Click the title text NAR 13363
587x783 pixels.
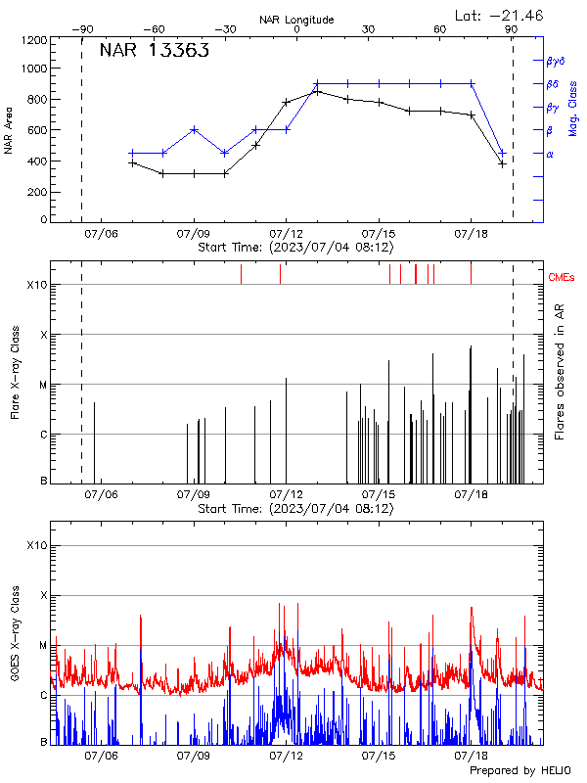(155, 52)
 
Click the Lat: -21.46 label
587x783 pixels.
(500, 15)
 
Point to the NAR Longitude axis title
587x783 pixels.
(296, 20)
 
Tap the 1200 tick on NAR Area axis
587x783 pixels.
(34, 41)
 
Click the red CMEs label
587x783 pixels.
(562, 278)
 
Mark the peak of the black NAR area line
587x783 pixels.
(317, 91)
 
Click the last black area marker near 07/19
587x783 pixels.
(502, 163)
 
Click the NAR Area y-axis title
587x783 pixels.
(9, 129)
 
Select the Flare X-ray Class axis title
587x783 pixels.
(14, 374)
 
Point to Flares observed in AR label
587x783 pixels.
(560, 372)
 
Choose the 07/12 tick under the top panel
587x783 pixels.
(286, 235)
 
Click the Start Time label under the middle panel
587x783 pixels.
(295, 509)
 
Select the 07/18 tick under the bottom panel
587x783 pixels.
(471, 757)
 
